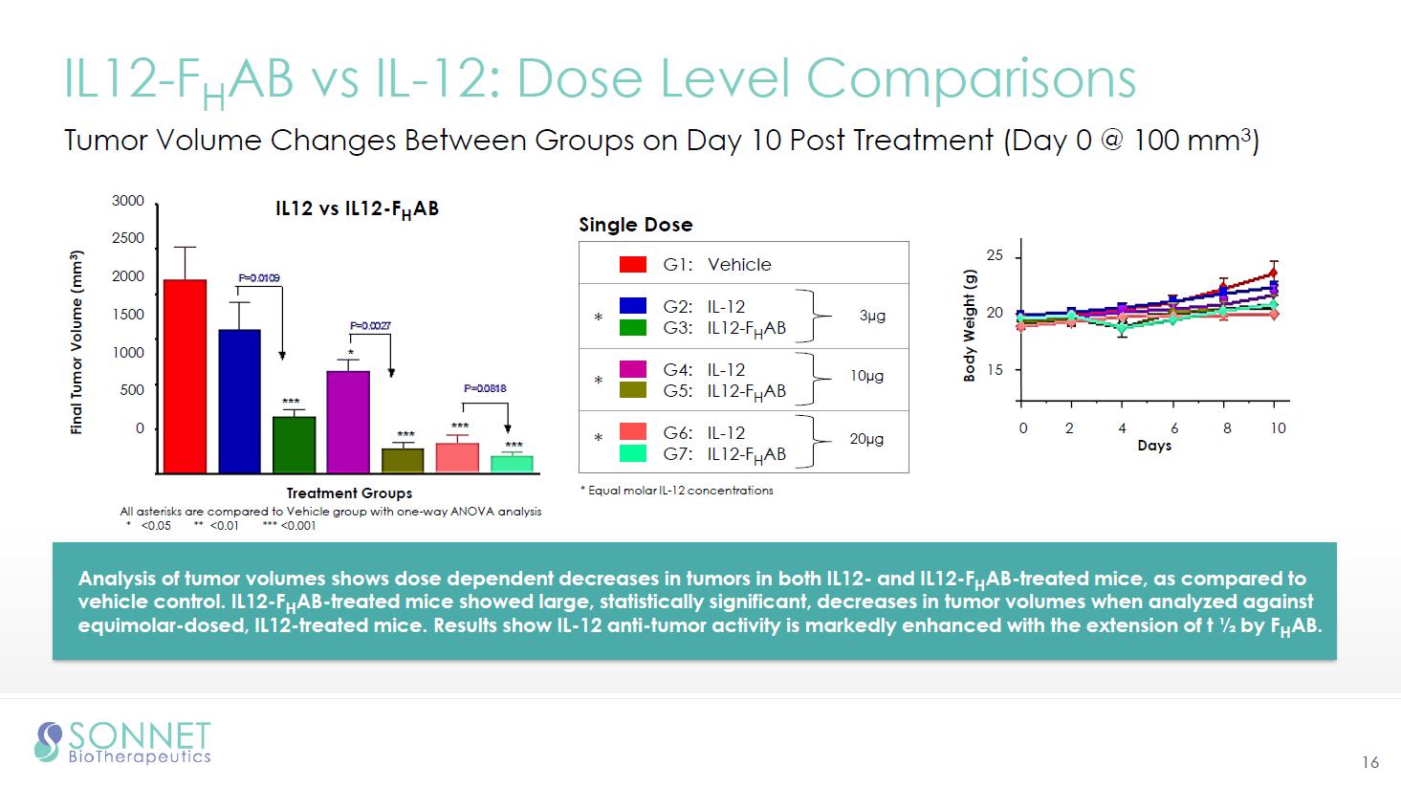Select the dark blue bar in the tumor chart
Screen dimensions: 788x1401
point(239,401)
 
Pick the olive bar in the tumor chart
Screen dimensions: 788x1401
point(403,460)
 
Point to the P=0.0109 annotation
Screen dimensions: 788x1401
point(258,278)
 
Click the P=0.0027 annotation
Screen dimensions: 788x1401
point(370,326)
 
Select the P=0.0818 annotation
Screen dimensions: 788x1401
point(485,389)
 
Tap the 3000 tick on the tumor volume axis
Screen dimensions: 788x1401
point(128,201)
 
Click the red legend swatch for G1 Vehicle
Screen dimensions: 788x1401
point(633,265)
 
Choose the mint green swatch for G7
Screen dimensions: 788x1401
point(633,453)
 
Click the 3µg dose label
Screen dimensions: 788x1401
point(872,316)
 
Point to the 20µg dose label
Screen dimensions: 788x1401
point(866,439)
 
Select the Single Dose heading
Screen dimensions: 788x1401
point(636,225)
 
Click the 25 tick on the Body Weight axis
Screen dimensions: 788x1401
point(996,256)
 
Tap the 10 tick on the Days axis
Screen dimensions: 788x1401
point(1278,427)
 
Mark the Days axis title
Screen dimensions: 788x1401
point(1154,446)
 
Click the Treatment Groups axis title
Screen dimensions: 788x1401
point(349,493)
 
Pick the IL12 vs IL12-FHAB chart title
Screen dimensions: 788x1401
point(357,209)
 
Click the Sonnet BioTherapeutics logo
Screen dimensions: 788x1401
point(122,742)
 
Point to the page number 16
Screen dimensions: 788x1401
point(1370,762)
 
